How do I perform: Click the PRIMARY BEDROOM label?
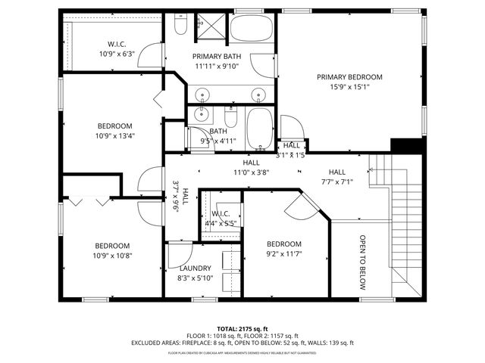coord(349,76)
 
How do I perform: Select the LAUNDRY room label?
coord(195,268)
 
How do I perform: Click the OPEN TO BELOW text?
coord(362,261)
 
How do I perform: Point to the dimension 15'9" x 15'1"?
coord(349,86)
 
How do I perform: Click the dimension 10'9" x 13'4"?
coord(114,136)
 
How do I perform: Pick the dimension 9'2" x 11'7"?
coord(284,254)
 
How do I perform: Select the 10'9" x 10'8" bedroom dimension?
coord(112,256)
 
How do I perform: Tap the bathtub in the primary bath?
coord(252,29)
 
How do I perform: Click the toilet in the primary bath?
coord(180,27)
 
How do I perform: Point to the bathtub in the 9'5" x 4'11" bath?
coord(259,129)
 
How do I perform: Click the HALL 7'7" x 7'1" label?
coord(336,176)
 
